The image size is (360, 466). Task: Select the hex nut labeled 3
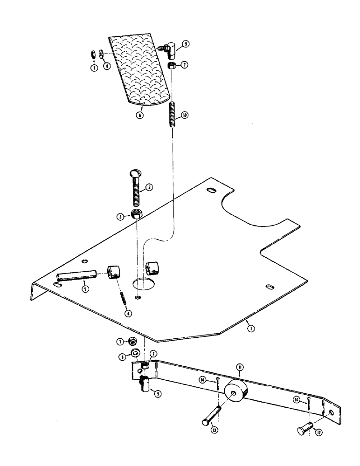pyautogui.click(x=137, y=214)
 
